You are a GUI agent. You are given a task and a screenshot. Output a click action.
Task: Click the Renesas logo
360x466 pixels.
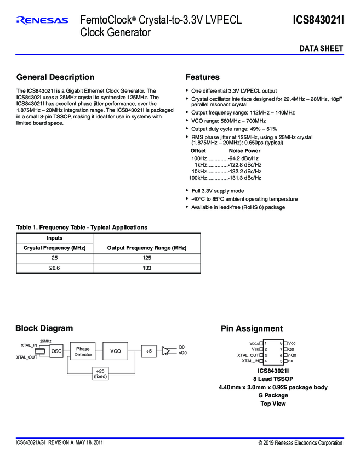tap(43, 21)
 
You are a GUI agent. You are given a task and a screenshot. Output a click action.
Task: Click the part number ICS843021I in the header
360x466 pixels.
tap(318, 20)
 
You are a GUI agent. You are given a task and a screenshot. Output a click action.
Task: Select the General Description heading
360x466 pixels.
tap(55, 77)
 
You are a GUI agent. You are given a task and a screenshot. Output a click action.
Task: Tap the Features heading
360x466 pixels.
tap(202, 77)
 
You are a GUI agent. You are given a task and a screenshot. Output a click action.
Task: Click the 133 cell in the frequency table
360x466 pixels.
tap(146, 268)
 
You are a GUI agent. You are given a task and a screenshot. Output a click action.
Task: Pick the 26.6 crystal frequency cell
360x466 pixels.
tap(54, 268)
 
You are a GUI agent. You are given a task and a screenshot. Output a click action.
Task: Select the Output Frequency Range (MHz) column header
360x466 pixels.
tap(146, 248)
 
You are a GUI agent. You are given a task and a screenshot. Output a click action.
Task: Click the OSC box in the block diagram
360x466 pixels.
tap(56, 351)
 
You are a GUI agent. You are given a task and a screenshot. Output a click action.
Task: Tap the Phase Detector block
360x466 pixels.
tap(83, 351)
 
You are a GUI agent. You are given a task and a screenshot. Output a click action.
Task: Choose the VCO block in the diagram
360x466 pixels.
tap(115, 351)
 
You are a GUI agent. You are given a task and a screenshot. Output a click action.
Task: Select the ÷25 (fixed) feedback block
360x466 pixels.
tap(100, 373)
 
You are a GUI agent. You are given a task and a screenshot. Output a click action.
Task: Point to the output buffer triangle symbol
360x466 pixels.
tap(166, 350)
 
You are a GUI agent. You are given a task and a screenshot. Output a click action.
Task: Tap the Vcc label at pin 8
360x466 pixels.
tap(292, 343)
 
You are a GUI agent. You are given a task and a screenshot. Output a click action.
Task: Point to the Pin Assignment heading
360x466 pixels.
tap(252, 328)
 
